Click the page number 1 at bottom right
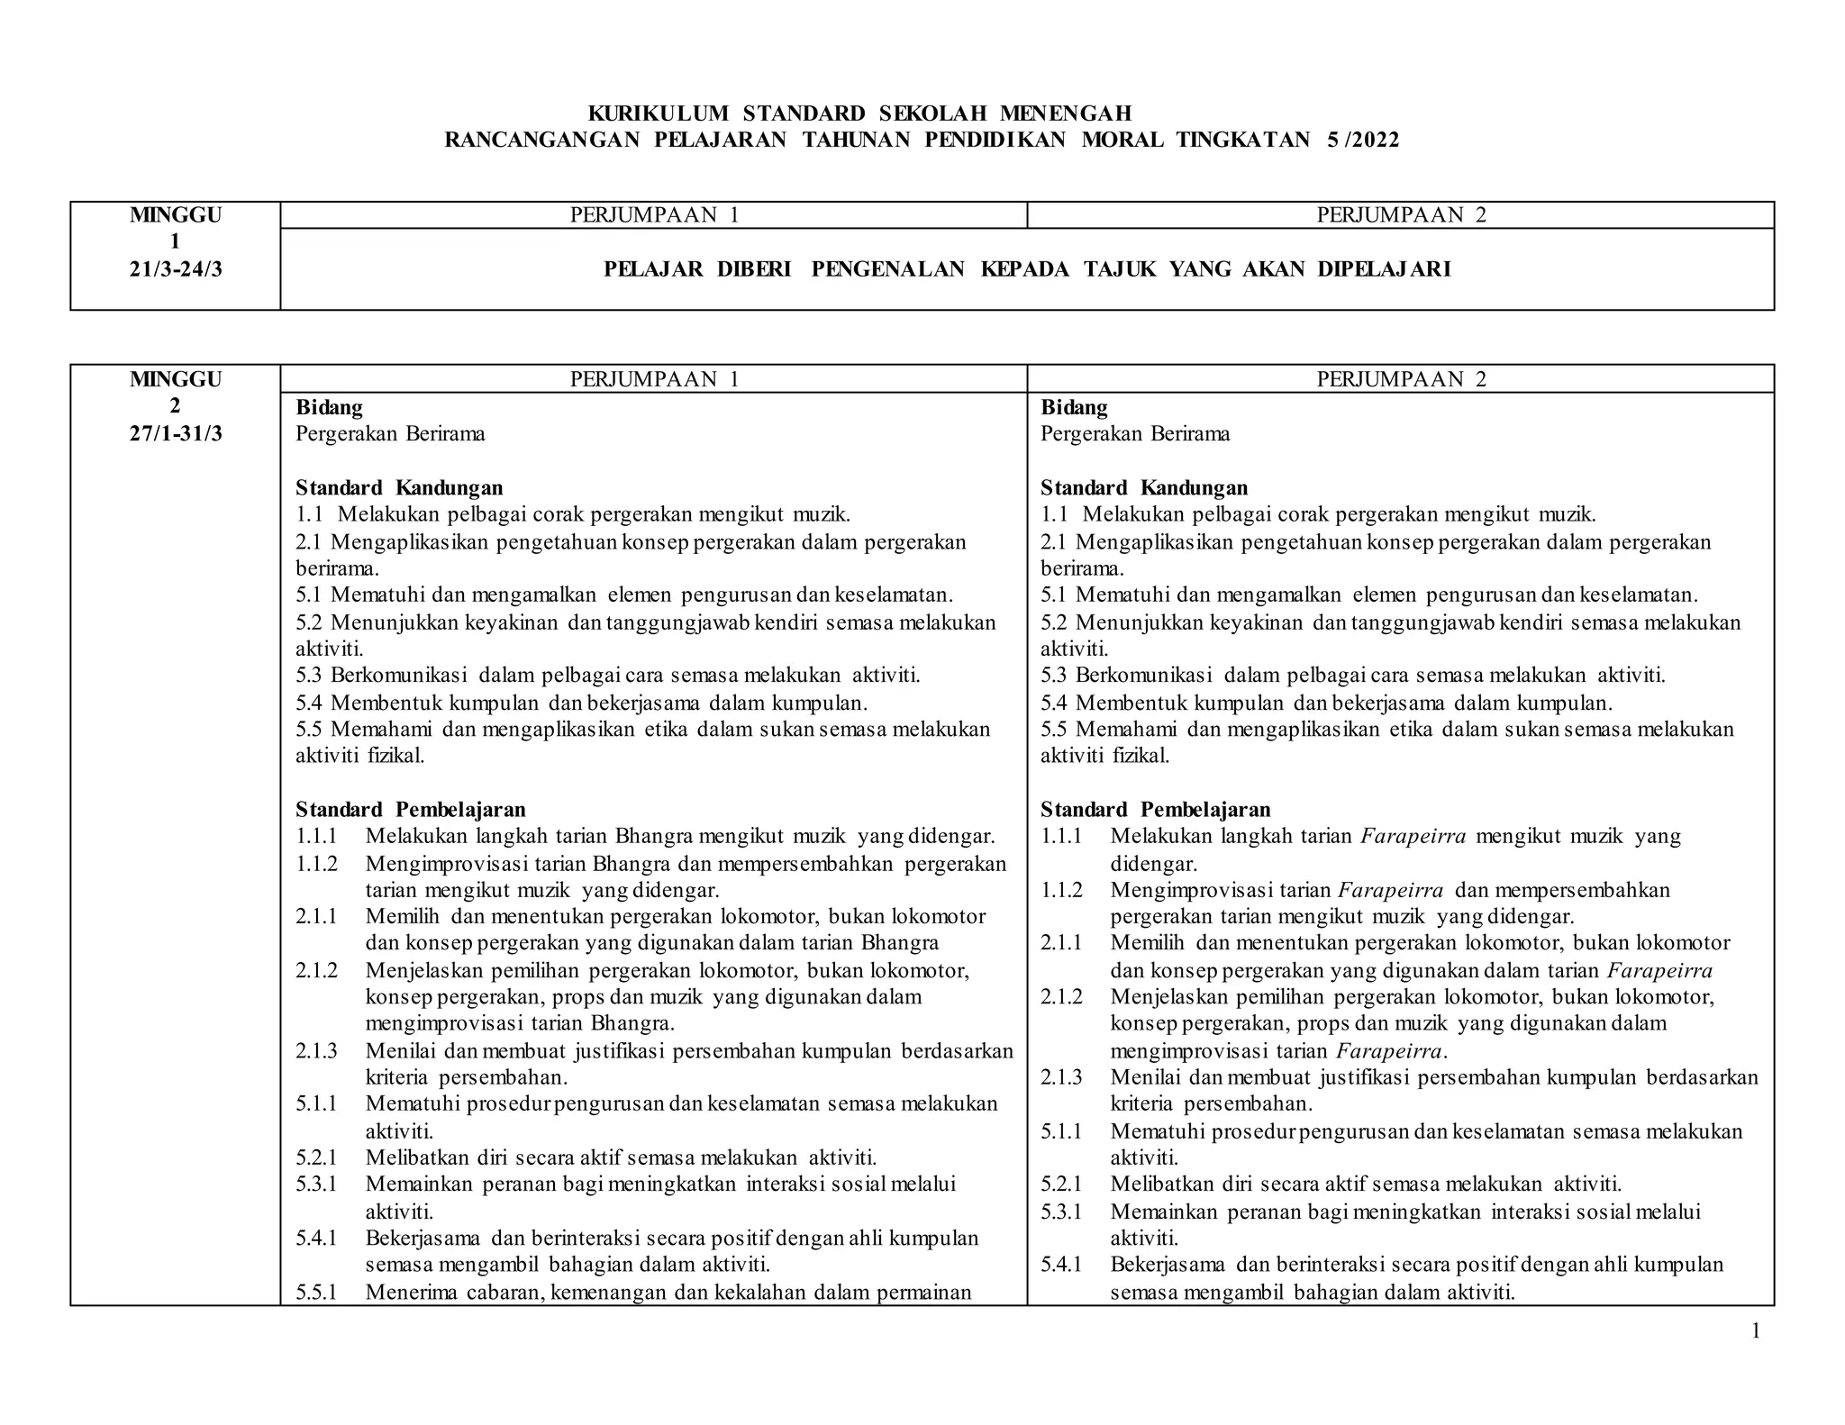pos(1755,1331)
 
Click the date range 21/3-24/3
pos(176,268)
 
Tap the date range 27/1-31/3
pos(176,433)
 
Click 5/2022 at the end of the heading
pos(1363,140)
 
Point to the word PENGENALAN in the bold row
pos(887,269)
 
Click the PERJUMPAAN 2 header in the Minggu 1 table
pos(1401,214)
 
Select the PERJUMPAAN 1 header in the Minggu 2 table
pos(654,379)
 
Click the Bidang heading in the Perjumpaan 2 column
pos(1074,407)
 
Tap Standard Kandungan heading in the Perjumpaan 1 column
pos(399,488)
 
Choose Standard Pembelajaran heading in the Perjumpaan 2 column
pos(1155,809)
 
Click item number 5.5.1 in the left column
pos(316,1293)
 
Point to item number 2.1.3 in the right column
pos(1061,1077)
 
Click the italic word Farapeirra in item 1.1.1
pos(1413,836)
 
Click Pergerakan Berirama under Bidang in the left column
pos(390,433)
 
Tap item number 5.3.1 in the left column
pos(316,1184)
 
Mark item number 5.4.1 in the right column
pos(1061,1264)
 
